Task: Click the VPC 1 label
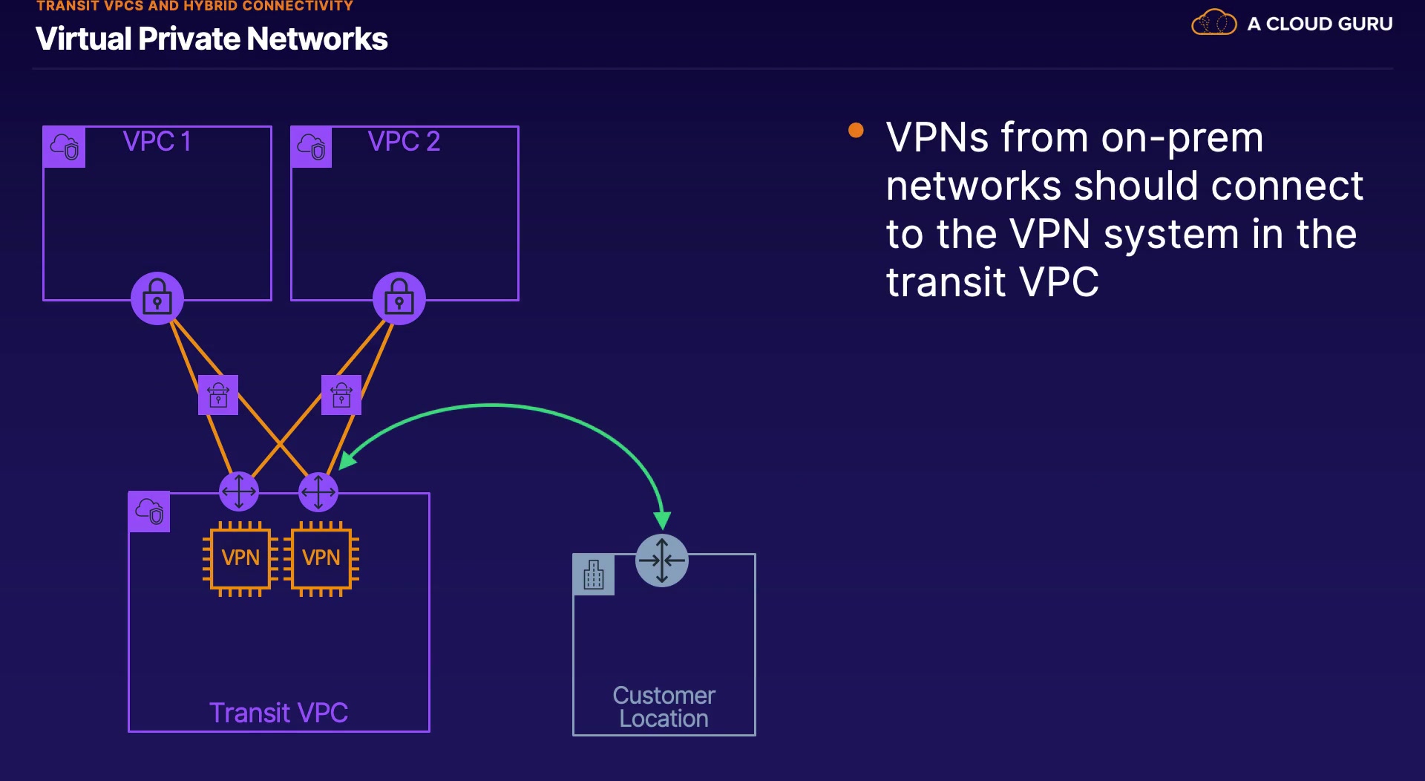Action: [157, 141]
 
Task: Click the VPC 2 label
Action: [404, 141]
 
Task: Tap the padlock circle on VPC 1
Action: [157, 298]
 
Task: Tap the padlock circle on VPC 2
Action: [399, 298]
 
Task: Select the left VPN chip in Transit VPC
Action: [240, 558]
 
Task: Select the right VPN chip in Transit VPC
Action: [321, 558]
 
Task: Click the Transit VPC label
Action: [278, 713]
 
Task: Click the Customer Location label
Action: [664, 707]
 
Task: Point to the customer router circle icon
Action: [662, 561]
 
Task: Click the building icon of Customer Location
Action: [594, 575]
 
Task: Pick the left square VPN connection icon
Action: [218, 395]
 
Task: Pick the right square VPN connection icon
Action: [341, 395]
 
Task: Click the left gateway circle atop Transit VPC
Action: [239, 491]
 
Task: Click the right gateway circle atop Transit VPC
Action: [318, 491]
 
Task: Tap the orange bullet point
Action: [856, 131]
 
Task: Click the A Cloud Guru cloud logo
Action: [1213, 23]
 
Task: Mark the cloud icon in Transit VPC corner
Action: [149, 512]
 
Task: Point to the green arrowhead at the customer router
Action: [662, 520]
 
